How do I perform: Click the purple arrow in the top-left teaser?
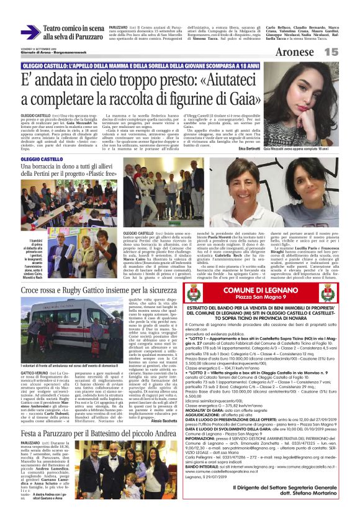[30, 32]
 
